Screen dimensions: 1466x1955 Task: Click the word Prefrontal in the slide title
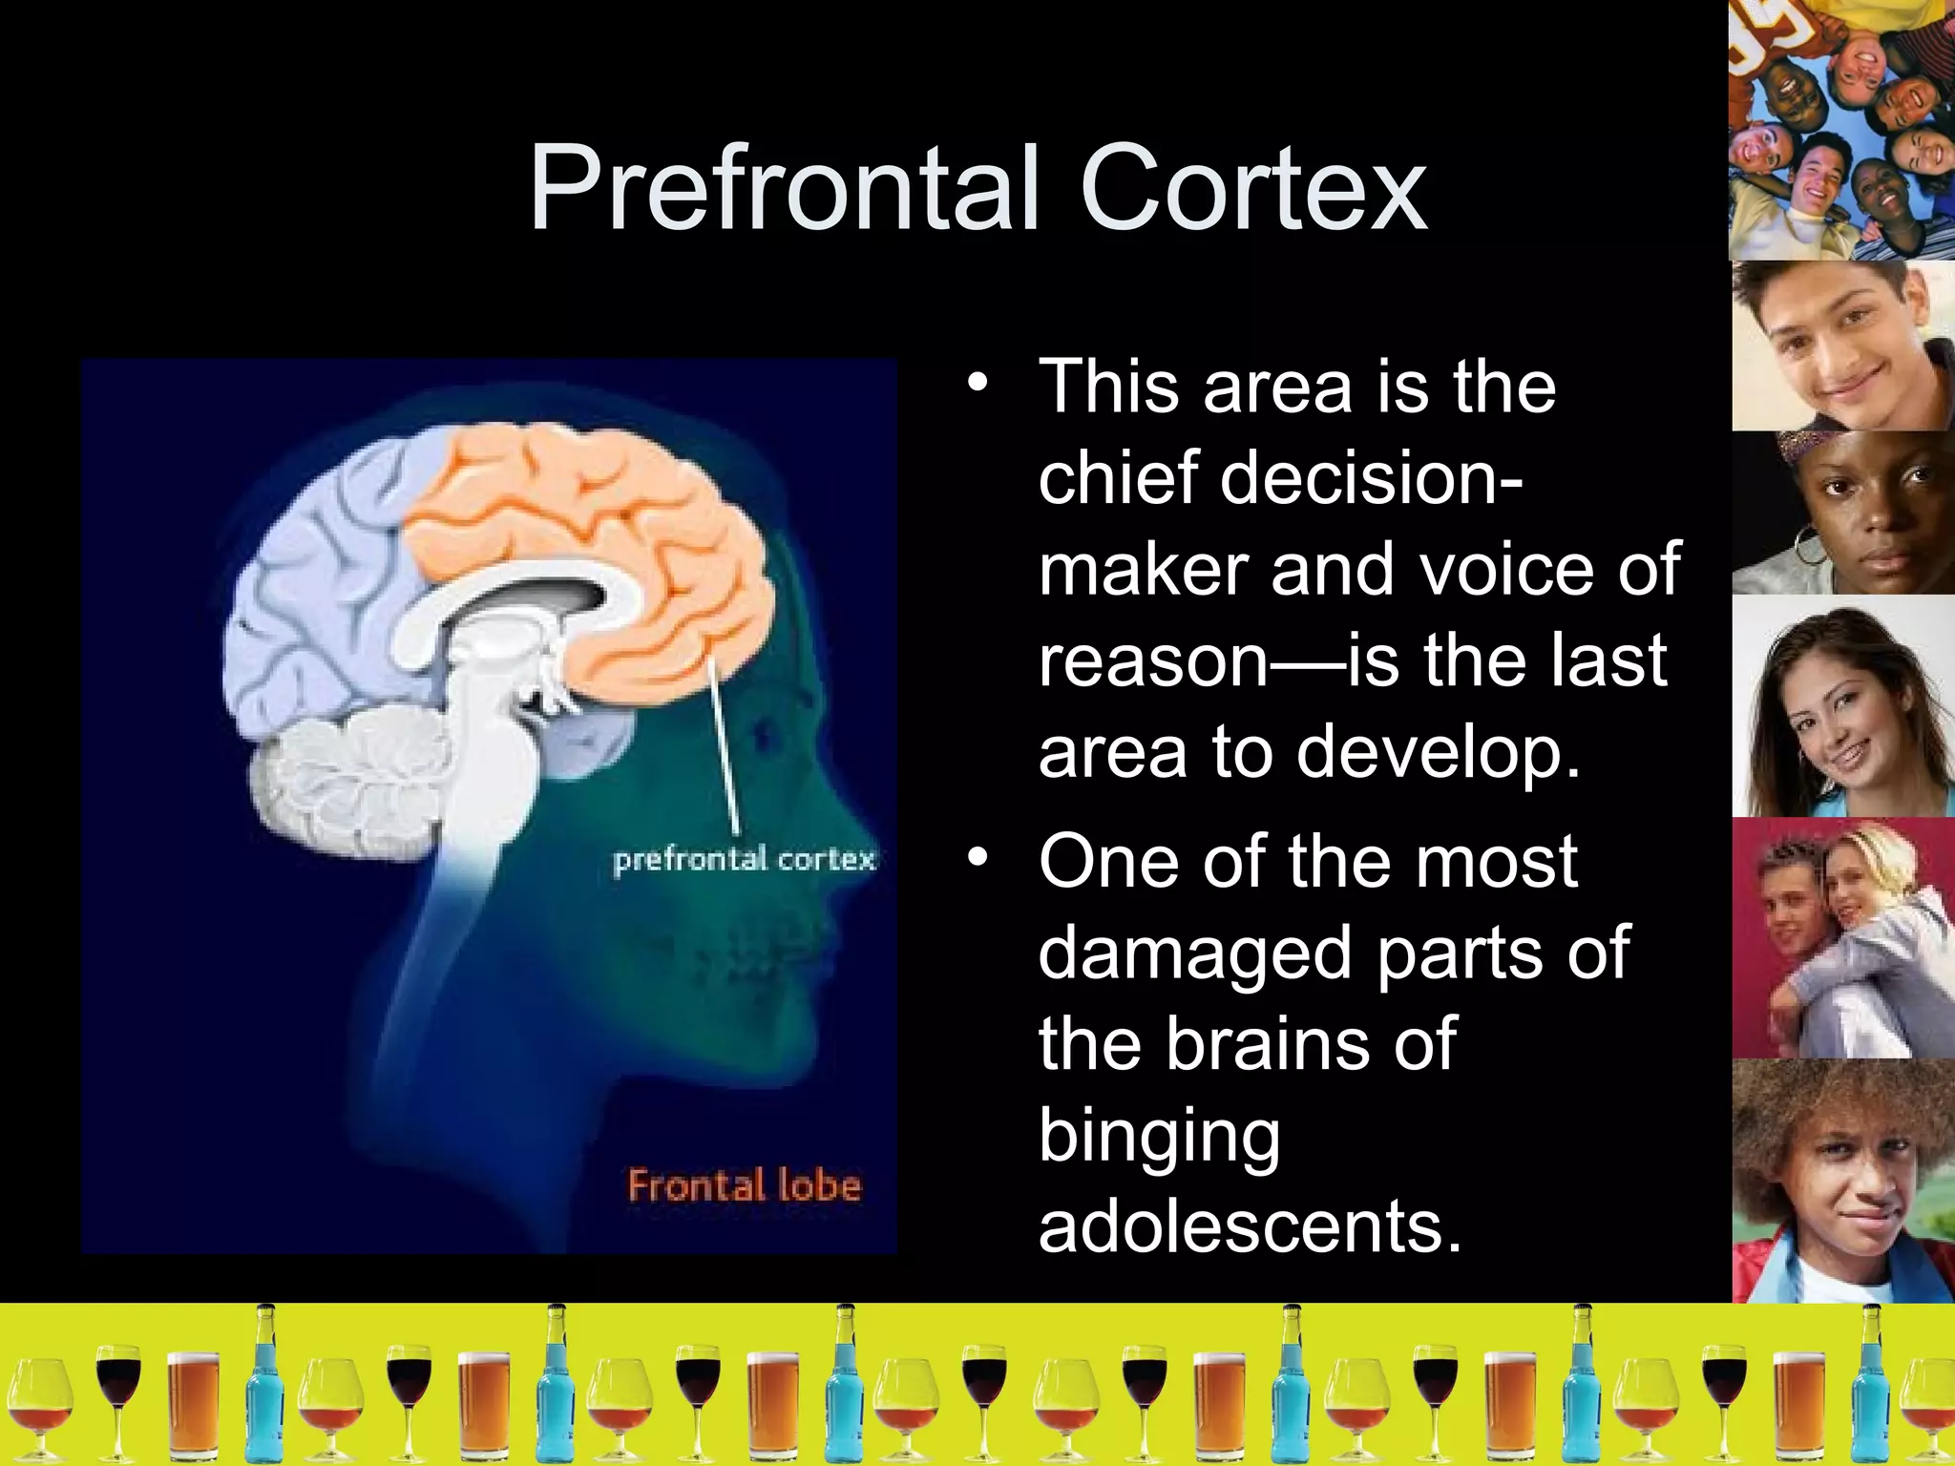[783, 188]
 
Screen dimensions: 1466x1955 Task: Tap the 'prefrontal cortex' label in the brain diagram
[744, 859]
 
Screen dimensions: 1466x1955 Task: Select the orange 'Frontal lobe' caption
[744, 1186]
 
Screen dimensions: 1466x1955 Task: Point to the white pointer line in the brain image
[723, 744]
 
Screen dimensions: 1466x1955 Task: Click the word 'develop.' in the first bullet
[1438, 752]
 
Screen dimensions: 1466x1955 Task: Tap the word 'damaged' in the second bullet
[1197, 953]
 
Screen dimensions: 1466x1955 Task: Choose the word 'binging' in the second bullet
[1159, 1136]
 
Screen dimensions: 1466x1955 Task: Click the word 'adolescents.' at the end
[1250, 1225]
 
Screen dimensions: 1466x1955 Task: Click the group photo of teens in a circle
[1841, 129]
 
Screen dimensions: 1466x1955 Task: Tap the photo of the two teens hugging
[1841, 937]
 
